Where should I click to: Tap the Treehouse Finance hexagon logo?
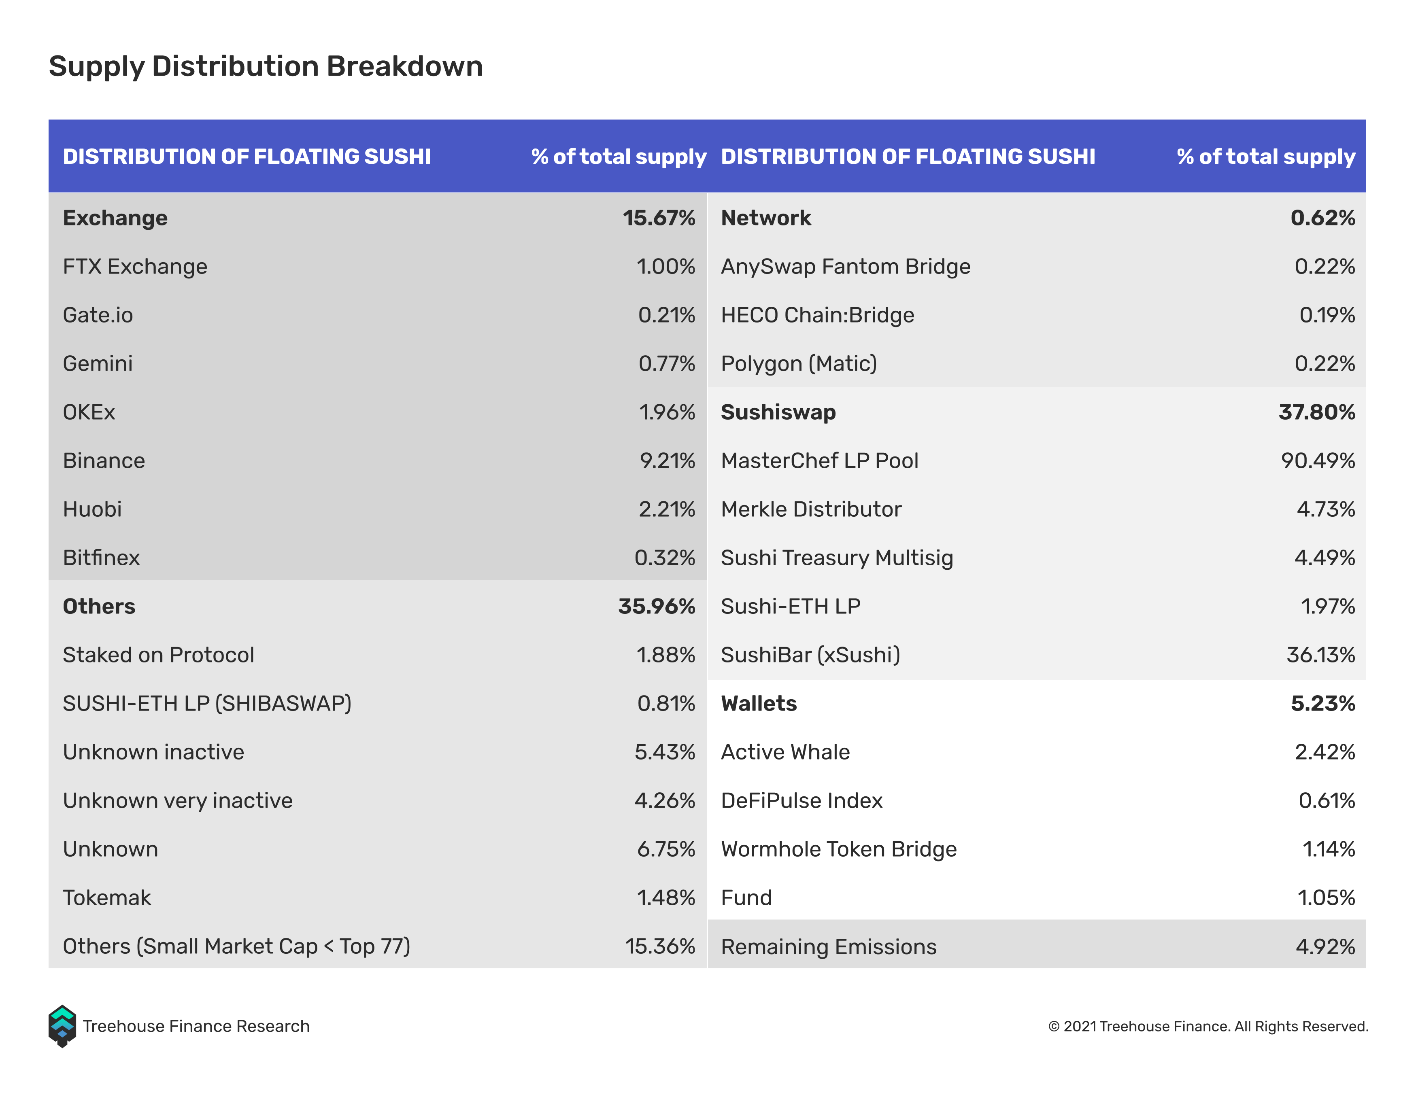[62, 1026]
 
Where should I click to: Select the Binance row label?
[104, 461]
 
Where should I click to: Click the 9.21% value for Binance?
[668, 461]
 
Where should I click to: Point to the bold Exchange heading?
[115, 218]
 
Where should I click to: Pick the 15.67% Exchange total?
[659, 218]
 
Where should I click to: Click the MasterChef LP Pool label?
[819, 461]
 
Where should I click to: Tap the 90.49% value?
[1318, 461]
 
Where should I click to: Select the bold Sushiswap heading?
[778, 413]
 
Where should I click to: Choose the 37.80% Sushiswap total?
[1317, 412]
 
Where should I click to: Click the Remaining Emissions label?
[829, 947]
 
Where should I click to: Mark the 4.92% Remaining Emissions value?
[1325, 947]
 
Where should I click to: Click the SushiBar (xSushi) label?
[810, 655]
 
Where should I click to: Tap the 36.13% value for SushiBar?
[1320, 655]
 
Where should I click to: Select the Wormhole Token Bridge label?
[839, 850]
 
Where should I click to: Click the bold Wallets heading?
[759, 704]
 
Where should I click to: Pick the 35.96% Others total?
[657, 606]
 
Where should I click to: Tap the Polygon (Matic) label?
[799, 363]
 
